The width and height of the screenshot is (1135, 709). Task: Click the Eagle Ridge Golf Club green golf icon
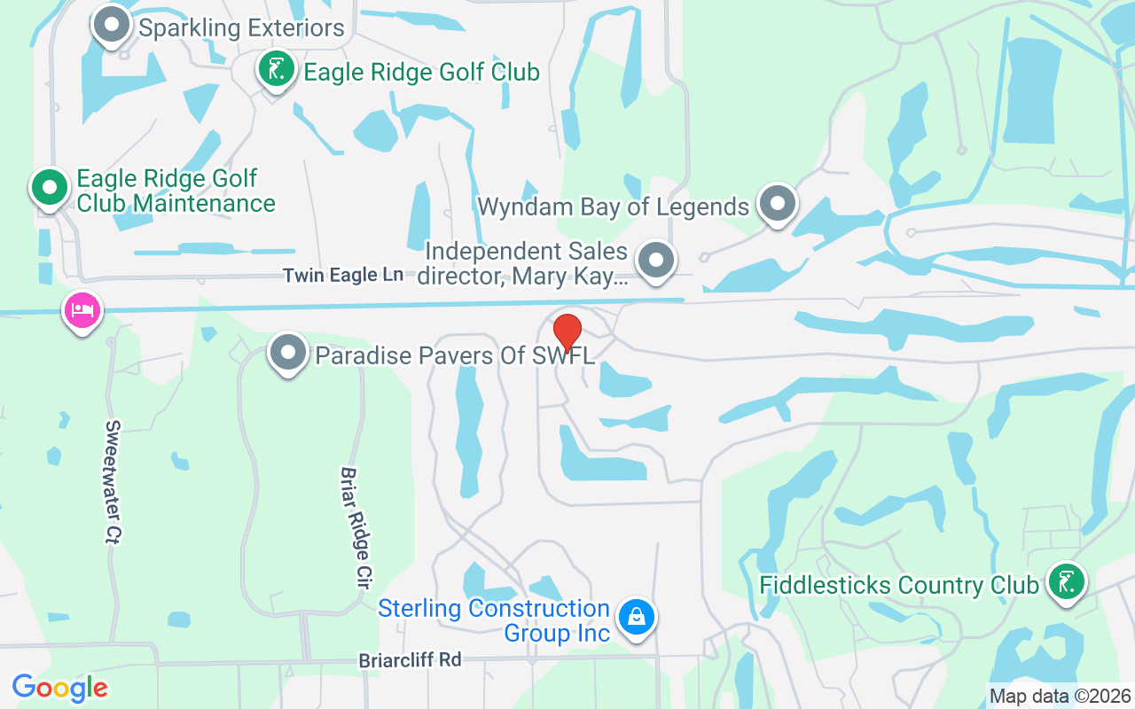277,68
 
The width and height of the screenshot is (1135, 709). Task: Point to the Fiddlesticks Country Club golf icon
1066,581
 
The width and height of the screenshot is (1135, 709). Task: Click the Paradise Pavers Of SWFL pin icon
287,353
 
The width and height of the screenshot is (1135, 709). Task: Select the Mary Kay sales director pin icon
656,261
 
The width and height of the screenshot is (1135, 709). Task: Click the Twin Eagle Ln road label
343,276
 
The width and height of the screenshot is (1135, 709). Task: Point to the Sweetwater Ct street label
113,481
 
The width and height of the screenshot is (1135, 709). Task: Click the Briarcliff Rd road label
411,660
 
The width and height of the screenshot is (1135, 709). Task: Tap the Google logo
60,688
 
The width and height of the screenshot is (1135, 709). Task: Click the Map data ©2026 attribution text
1061,696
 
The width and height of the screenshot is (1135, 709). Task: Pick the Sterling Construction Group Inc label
494,620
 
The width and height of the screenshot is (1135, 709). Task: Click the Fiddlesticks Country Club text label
899,586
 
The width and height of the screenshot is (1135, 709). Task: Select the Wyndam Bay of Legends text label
613,207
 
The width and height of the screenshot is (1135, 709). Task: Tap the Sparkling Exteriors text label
241,28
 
